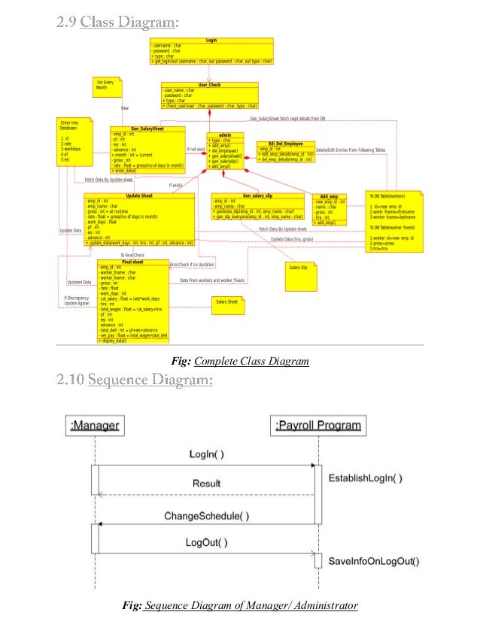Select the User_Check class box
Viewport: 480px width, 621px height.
(x=209, y=96)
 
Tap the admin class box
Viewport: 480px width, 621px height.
(x=225, y=150)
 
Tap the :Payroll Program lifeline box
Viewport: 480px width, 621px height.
(x=317, y=426)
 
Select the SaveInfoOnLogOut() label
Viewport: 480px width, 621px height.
(x=374, y=561)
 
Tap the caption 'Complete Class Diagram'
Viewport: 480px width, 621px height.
(x=251, y=362)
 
